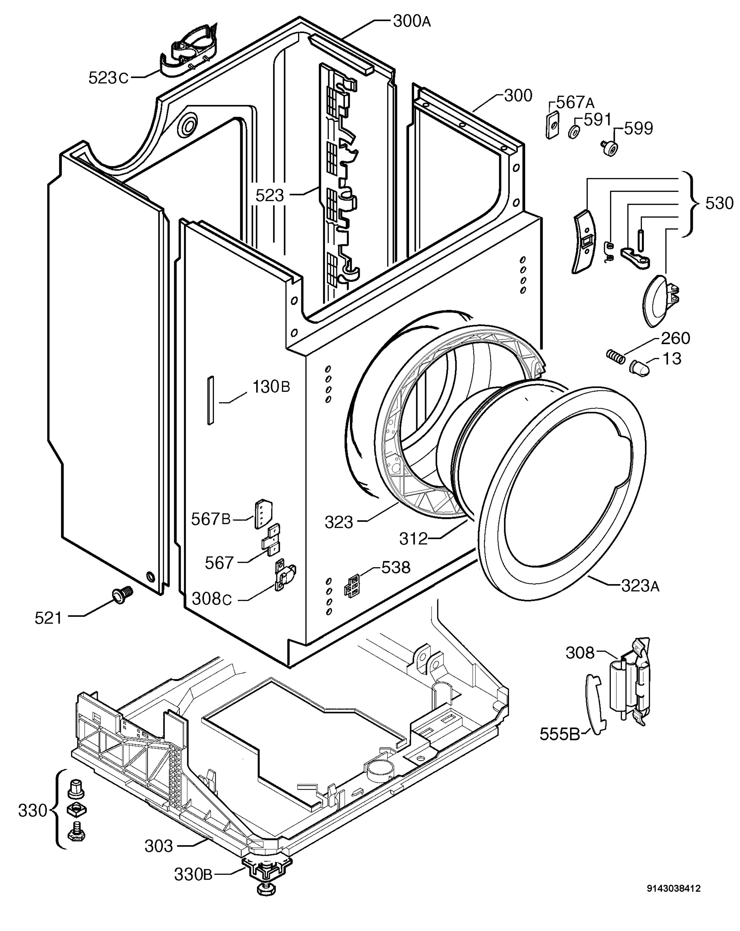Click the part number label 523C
pyautogui.click(x=108, y=78)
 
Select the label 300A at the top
pyautogui.click(x=411, y=21)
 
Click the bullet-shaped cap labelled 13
pyautogui.click(x=641, y=368)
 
